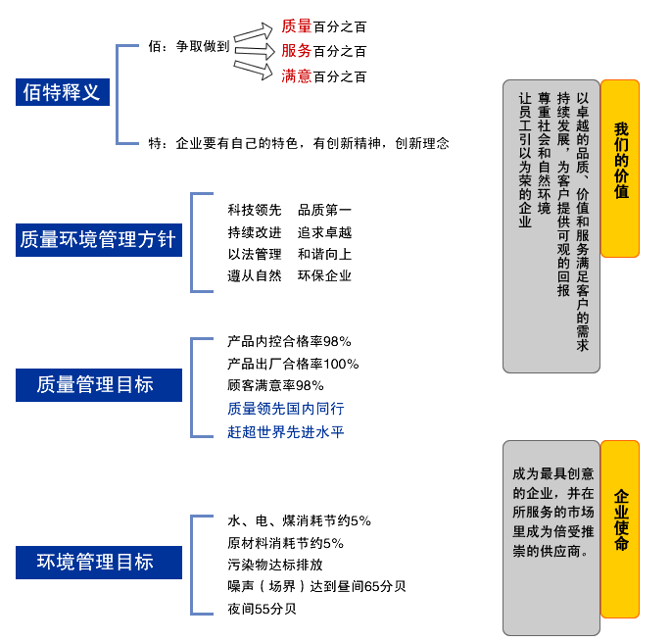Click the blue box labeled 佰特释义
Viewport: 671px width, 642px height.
pos(63,92)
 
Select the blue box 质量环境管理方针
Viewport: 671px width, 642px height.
pos(99,239)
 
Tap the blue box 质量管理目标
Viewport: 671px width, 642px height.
pos(99,384)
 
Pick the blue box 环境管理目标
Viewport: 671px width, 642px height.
pos(99,562)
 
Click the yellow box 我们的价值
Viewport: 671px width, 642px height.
pos(620,168)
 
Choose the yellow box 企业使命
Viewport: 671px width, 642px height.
pos(620,528)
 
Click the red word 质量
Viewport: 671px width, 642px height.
pos(296,26)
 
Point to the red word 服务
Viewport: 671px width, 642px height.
pos(296,51)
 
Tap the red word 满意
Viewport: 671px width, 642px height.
pos(296,75)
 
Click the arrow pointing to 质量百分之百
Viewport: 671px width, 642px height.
pos(253,32)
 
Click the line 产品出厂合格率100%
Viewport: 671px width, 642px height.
pos(293,364)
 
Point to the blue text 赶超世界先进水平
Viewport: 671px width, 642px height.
pos(286,431)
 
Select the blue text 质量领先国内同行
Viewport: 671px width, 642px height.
pos(286,409)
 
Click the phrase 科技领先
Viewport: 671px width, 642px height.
pos(254,210)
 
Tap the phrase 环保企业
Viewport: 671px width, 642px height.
pos(324,275)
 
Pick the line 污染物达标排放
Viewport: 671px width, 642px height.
pos(275,565)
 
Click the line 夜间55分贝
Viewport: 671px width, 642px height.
pos(262,609)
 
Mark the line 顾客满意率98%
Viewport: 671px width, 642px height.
pos(275,385)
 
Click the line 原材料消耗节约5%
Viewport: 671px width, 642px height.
pos(285,543)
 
